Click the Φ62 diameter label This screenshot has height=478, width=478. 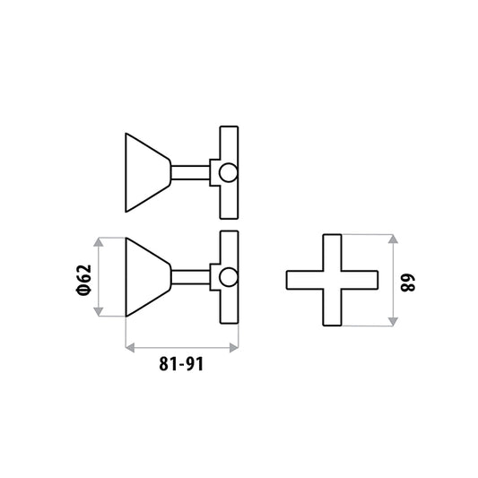pyautogui.click(x=83, y=280)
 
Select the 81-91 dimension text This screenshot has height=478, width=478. pyautogui.click(x=181, y=364)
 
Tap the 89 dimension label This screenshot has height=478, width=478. pyautogui.click(x=407, y=283)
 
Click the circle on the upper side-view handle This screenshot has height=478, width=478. pyautogui.click(x=229, y=172)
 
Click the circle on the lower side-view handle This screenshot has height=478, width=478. pyautogui.click(x=229, y=277)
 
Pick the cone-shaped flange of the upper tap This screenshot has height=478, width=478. pyautogui.click(x=148, y=172)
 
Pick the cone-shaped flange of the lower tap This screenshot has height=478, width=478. pyautogui.click(x=148, y=277)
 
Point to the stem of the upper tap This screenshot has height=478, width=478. pyautogui.click(x=190, y=172)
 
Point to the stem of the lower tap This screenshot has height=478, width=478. pyautogui.click(x=190, y=277)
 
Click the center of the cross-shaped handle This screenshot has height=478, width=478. pyautogui.click(x=332, y=280)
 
